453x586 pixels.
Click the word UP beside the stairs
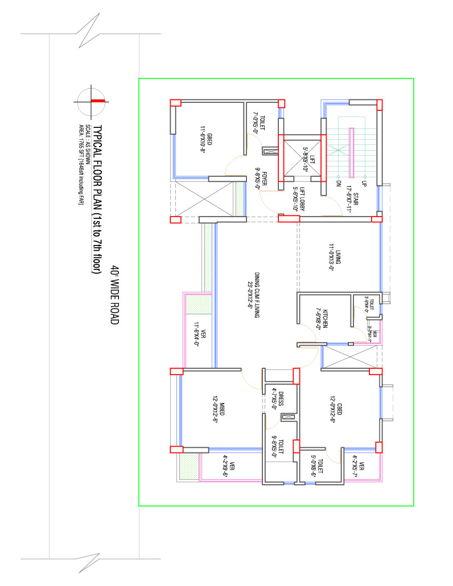364,184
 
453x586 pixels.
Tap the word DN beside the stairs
338,184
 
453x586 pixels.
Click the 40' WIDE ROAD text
114,295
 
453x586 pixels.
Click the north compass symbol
89,101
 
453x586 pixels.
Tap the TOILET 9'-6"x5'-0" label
277,448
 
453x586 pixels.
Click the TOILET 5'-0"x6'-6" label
318,467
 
